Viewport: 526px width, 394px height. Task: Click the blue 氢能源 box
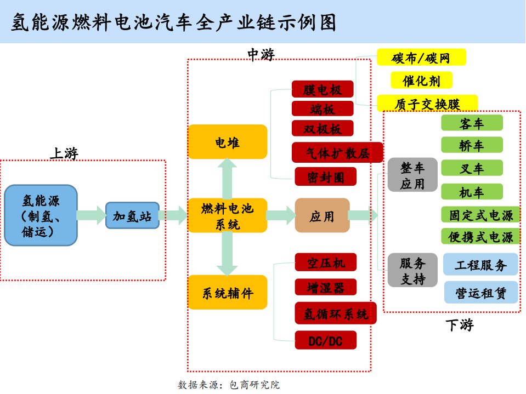[41, 215]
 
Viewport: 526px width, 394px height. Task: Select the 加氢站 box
[132, 215]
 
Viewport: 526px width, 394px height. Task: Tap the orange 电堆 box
[227, 142]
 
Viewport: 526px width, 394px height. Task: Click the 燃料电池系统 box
[227, 215]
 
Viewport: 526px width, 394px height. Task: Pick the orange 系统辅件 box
[227, 292]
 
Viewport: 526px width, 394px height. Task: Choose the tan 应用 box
[322, 215]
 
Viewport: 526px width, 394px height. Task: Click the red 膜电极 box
[322, 89]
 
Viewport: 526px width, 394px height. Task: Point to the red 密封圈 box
[325, 176]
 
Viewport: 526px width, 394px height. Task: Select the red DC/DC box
[325, 340]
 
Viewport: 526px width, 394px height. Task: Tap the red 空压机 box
[325, 262]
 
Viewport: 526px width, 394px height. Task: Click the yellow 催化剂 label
[421, 81]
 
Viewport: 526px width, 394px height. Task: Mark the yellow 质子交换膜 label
[427, 104]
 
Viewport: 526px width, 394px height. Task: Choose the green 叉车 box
[472, 168]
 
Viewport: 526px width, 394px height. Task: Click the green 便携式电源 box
[480, 236]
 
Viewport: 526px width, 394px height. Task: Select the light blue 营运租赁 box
[480, 293]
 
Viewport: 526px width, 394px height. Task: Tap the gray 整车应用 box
[412, 175]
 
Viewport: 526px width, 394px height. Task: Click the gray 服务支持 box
[412, 270]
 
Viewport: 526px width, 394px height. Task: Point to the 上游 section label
[64, 153]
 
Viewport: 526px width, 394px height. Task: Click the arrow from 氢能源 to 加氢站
[91, 215]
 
